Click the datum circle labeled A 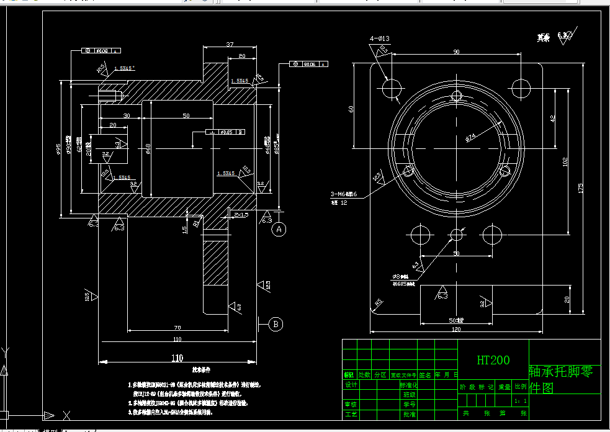(279, 229)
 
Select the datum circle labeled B (276, 323)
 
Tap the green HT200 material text (493, 360)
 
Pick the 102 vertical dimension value (565, 162)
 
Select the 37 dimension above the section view (230, 45)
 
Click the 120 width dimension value (457, 329)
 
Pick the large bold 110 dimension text (177, 358)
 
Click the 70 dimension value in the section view (177, 327)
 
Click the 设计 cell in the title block (351, 385)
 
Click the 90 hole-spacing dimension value (456, 52)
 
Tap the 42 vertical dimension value (552, 118)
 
